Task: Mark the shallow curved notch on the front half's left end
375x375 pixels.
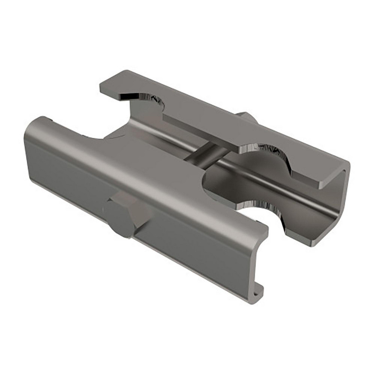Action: [90, 135]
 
